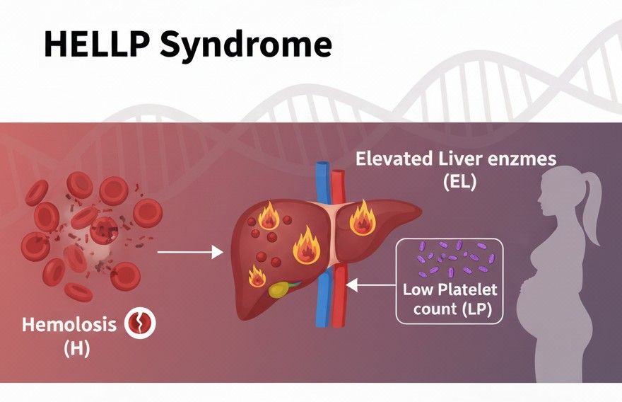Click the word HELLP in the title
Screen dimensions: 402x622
point(95,44)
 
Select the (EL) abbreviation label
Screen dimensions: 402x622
point(459,182)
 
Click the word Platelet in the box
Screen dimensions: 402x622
point(469,289)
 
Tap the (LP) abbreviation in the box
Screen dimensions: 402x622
point(480,309)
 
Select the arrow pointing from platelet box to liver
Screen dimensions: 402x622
point(370,285)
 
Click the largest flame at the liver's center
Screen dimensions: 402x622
point(307,246)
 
